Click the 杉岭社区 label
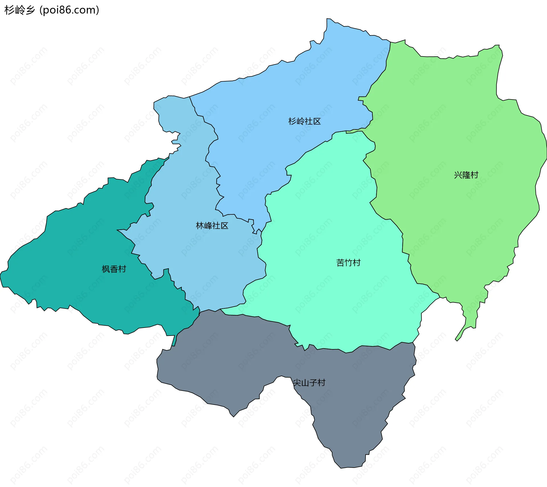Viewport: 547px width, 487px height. tap(304, 121)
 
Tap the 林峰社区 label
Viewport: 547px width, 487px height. tap(212, 226)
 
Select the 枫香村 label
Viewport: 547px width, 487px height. tap(114, 269)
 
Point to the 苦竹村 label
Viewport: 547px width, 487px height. tap(348, 263)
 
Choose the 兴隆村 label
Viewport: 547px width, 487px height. tap(466, 175)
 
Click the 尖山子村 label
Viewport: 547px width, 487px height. tap(309, 383)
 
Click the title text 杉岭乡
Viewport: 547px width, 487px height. tap(19, 10)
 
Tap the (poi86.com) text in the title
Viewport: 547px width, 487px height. tap(69, 10)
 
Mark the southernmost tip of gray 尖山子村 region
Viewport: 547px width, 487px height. tap(341, 468)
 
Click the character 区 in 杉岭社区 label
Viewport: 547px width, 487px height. tap(317, 121)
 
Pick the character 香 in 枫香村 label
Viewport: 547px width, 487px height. tap(114, 269)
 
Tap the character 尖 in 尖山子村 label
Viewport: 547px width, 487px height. tap(297, 383)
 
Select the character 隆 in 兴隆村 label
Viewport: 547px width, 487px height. tap(466, 175)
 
